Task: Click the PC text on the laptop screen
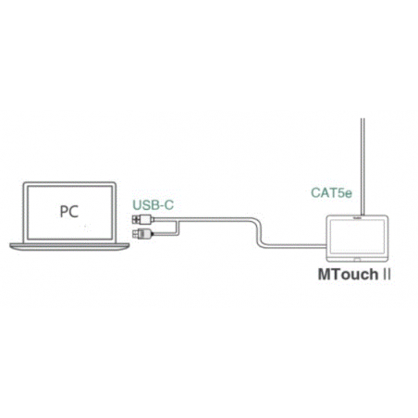pyautogui.click(x=69, y=212)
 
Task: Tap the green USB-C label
pyautogui.click(x=154, y=205)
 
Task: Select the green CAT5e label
pyautogui.click(x=331, y=193)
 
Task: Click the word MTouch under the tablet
pyautogui.click(x=348, y=275)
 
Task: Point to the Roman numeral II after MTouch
pyautogui.click(x=387, y=275)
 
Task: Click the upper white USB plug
pyautogui.click(x=142, y=219)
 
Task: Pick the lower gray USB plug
pyautogui.click(x=142, y=233)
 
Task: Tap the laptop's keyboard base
pyautogui.click(x=69, y=247)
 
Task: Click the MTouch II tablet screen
pyautogui.click(x=357, y=236)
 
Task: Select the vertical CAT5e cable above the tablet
pyautogui.click(x=363, y=166)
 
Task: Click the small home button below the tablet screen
pyautogui.click(x=357, y=260)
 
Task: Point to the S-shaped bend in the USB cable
pyautogui.click(x=259, y=233)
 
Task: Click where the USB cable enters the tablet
pyautogui.click(x=326, y=246)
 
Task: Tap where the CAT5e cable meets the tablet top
pyautogui.click(x=363, y=215)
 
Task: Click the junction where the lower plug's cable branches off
pyautogui.click(x=178, y=220)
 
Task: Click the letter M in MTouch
pyautogui.click(x=325, y=275)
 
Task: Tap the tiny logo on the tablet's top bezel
pyautogui.click(x=358, y=217)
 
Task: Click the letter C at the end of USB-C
pyautogui.click(x=168, y=205)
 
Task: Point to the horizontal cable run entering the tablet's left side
pyautogui.click(x=294, y=246)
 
